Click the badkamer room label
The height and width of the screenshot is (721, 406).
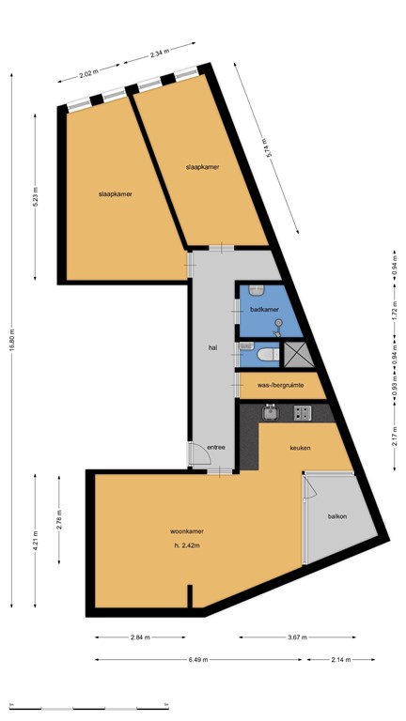click(264, 309)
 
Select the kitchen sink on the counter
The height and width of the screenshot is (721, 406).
click(271, 411)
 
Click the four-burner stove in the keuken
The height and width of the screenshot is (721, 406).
click(303, 411)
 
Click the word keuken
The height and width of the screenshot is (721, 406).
click(300, 448)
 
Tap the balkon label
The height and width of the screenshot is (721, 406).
click(337, 515)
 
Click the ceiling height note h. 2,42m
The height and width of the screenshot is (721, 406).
click(188, 545)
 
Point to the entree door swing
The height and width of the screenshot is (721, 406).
click(196, 454)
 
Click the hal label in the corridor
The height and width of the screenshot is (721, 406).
click(213, 347)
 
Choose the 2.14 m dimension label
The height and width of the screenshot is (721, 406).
click(340, 659)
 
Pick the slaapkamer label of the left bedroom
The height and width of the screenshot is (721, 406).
click(115, 194)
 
